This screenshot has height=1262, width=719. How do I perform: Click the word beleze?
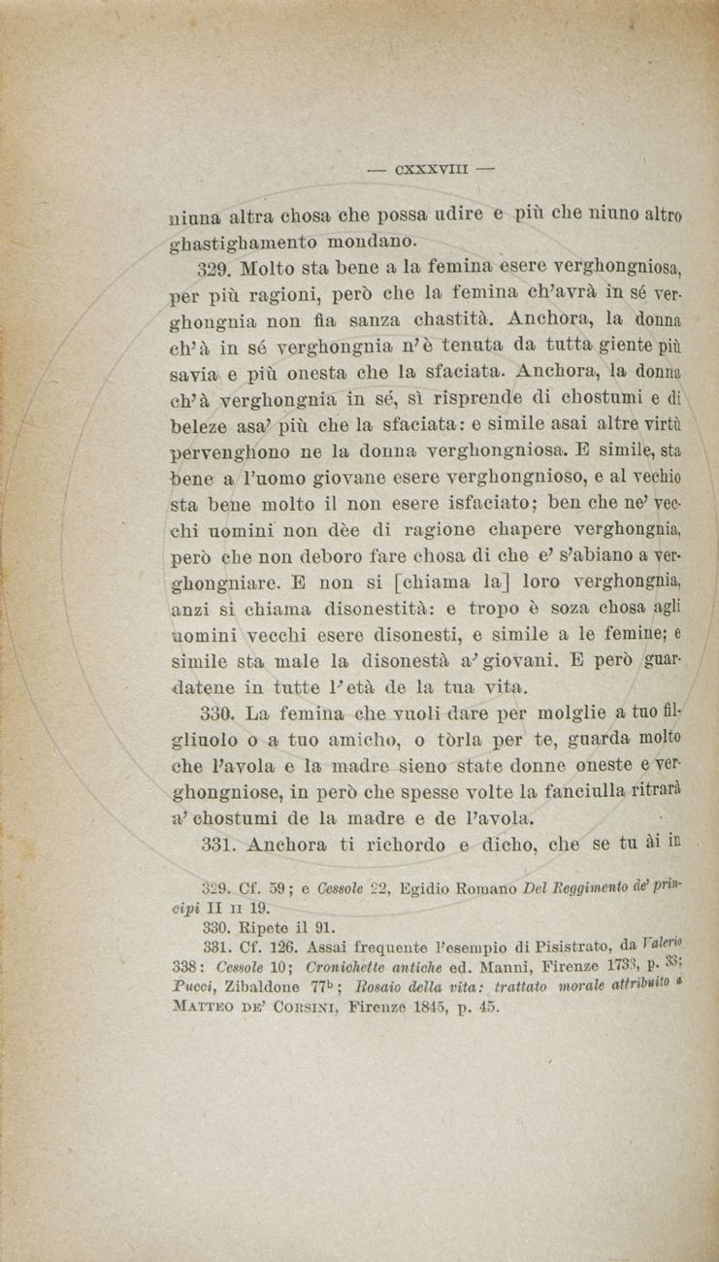pyautogui.click(x=201, y=423)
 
